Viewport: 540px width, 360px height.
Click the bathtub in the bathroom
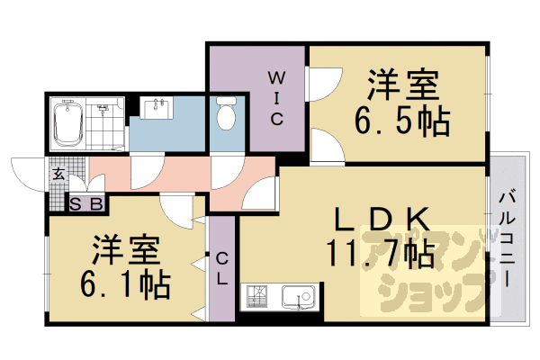pos(67,124)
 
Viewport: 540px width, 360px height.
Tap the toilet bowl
pos(226,114)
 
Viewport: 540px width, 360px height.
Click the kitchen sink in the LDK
pos(297,296)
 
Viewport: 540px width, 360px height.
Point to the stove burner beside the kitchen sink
pos(257,296)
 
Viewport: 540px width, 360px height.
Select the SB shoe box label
pos(87,203)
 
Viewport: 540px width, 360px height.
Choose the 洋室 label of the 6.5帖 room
pos(402,86)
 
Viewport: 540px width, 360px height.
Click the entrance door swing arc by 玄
pos(27,171)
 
